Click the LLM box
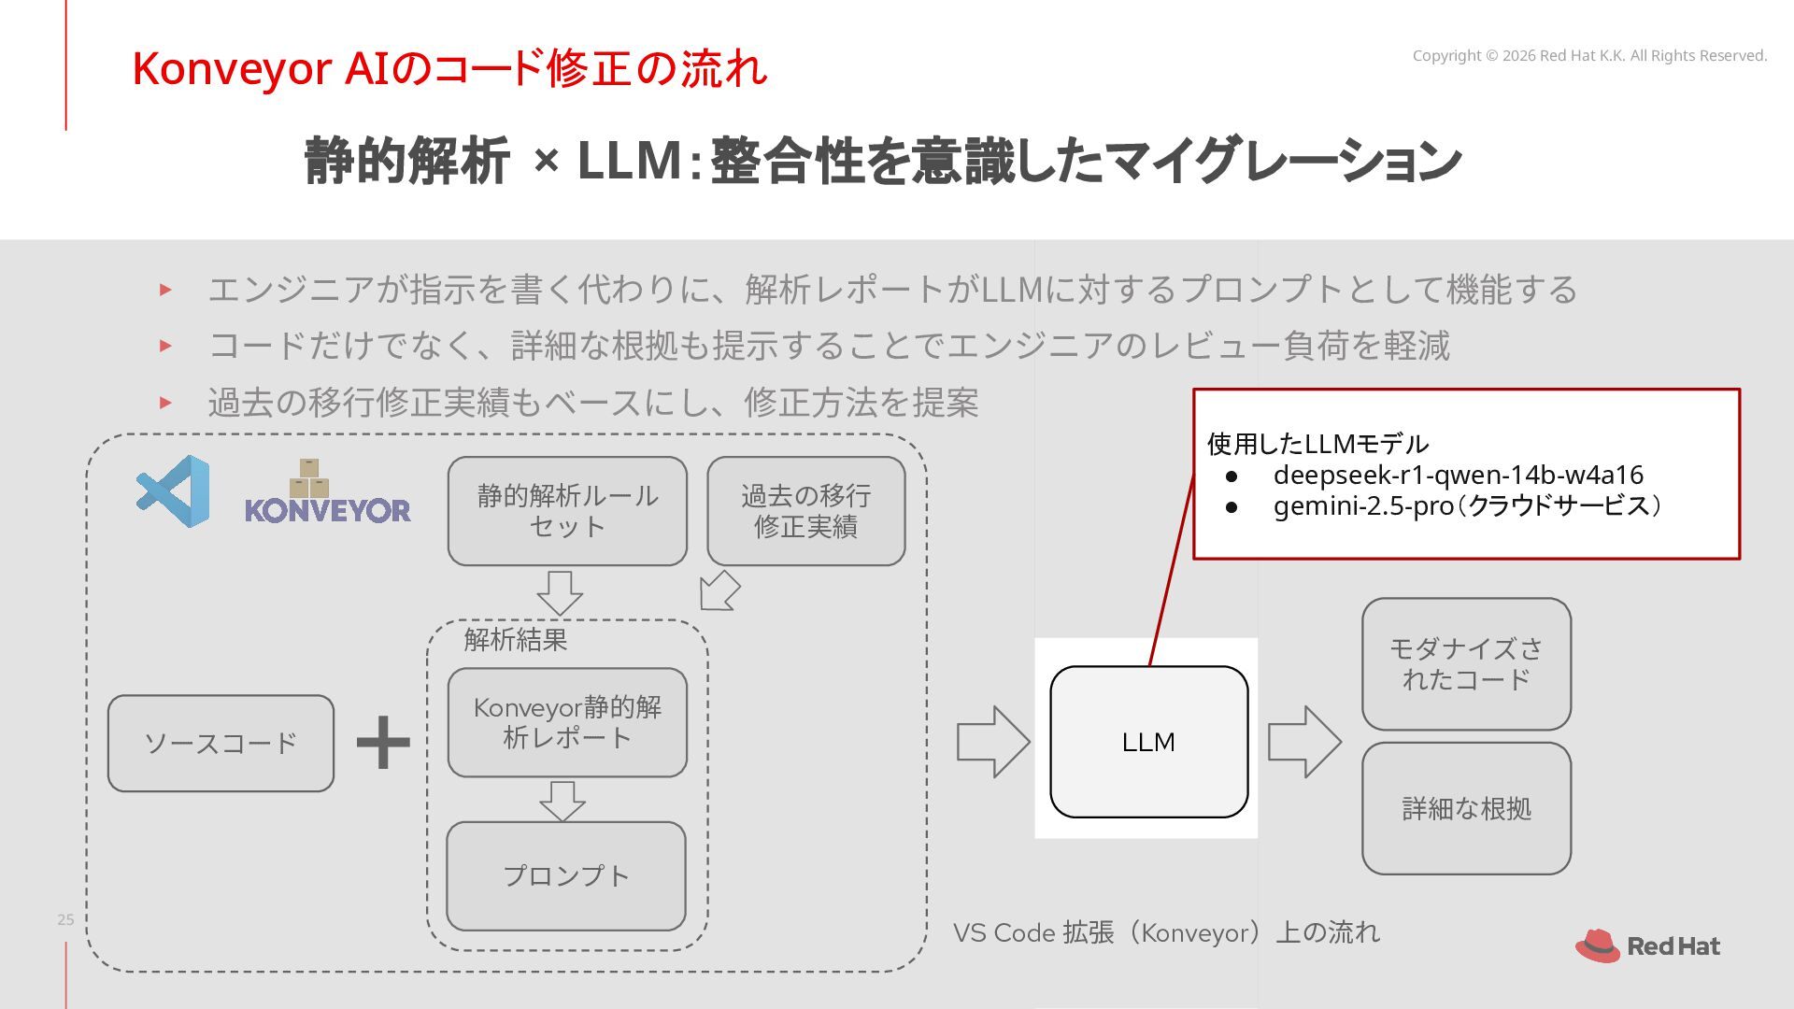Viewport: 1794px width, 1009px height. pos(1148,742)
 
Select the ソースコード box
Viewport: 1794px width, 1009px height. pos(221,744)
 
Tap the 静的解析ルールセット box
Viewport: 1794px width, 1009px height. pos(567,511)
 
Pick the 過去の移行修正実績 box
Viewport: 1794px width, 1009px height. pos(806,511)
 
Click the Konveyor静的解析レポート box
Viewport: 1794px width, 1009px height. pos(567,722)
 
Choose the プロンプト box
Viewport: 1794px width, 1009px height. pos(566,876)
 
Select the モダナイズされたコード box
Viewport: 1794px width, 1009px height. pos(1466,664)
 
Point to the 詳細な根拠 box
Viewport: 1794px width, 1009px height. pos(1466,809)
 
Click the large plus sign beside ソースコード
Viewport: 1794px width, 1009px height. pos(383,744)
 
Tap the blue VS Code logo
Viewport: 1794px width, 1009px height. pos(174,491)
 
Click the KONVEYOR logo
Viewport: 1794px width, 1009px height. pos(327,491)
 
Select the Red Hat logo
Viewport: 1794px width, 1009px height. pos(1647,945)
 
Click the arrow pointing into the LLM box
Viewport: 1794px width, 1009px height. pos(993,742)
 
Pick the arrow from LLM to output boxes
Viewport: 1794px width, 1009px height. pos(1304,742)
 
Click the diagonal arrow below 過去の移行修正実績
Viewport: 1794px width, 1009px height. pos(719,590)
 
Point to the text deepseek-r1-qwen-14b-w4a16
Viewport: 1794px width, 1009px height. pos(1458,475)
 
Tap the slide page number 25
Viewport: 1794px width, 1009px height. pos(65,919)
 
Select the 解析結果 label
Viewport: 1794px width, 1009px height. pos(516,640)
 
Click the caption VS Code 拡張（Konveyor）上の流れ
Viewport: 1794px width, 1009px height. pos(1166,932)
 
